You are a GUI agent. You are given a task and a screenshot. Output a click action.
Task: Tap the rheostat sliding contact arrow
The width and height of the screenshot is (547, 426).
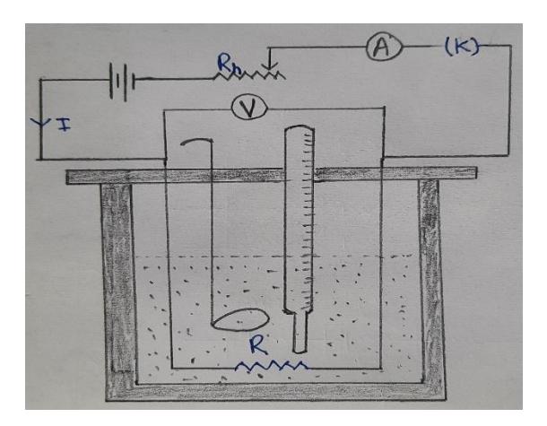[273, 63]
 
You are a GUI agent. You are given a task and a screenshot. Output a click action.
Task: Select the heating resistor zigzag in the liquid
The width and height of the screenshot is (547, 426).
[272, 366]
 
